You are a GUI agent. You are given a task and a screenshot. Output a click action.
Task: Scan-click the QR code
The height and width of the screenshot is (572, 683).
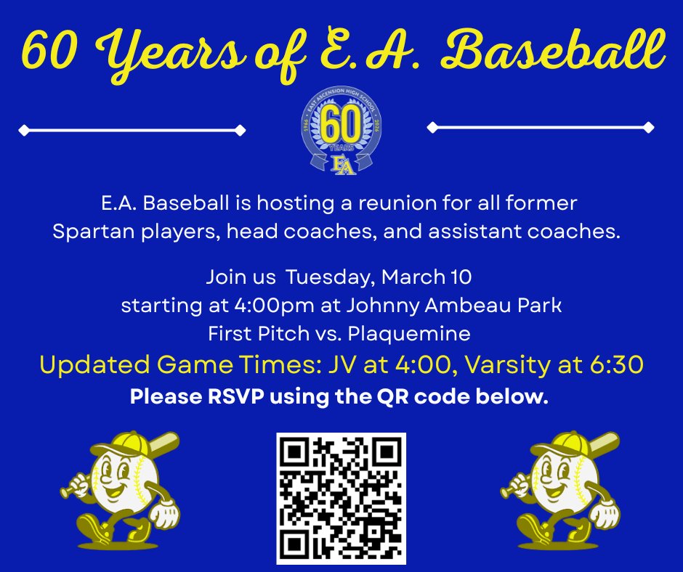(341, 498)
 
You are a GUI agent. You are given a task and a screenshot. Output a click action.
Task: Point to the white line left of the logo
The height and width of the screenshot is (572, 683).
(132, 131)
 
